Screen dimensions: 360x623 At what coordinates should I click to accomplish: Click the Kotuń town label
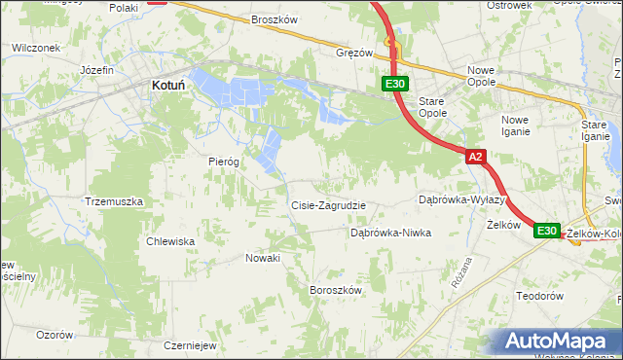click(168, 86)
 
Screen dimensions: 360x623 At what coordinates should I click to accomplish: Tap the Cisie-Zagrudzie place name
click(329, 205)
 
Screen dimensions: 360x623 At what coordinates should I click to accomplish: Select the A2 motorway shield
click(474, 156)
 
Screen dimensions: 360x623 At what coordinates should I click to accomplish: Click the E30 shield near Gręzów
click(394, 86)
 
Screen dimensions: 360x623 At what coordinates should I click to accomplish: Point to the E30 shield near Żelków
click(546, 231)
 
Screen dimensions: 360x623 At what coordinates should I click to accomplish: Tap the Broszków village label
click(274, 19)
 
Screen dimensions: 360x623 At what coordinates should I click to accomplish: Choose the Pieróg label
click(224, 162)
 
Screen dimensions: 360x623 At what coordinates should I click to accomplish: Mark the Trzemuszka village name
click(114, 201)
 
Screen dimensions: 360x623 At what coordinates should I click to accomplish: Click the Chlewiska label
click(170, 241)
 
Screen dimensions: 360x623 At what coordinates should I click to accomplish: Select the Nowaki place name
click(263, 258)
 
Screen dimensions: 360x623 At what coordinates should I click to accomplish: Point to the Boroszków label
click(335, 290)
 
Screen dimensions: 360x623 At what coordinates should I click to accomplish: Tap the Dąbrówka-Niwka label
click(389, 234)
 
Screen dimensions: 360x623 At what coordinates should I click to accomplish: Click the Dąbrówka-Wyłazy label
click(458, 198)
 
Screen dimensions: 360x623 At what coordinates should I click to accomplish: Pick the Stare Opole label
click(433, 107)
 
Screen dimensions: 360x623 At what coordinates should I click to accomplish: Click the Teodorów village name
click(540, 296)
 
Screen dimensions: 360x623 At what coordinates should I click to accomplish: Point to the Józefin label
click(97, 71)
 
